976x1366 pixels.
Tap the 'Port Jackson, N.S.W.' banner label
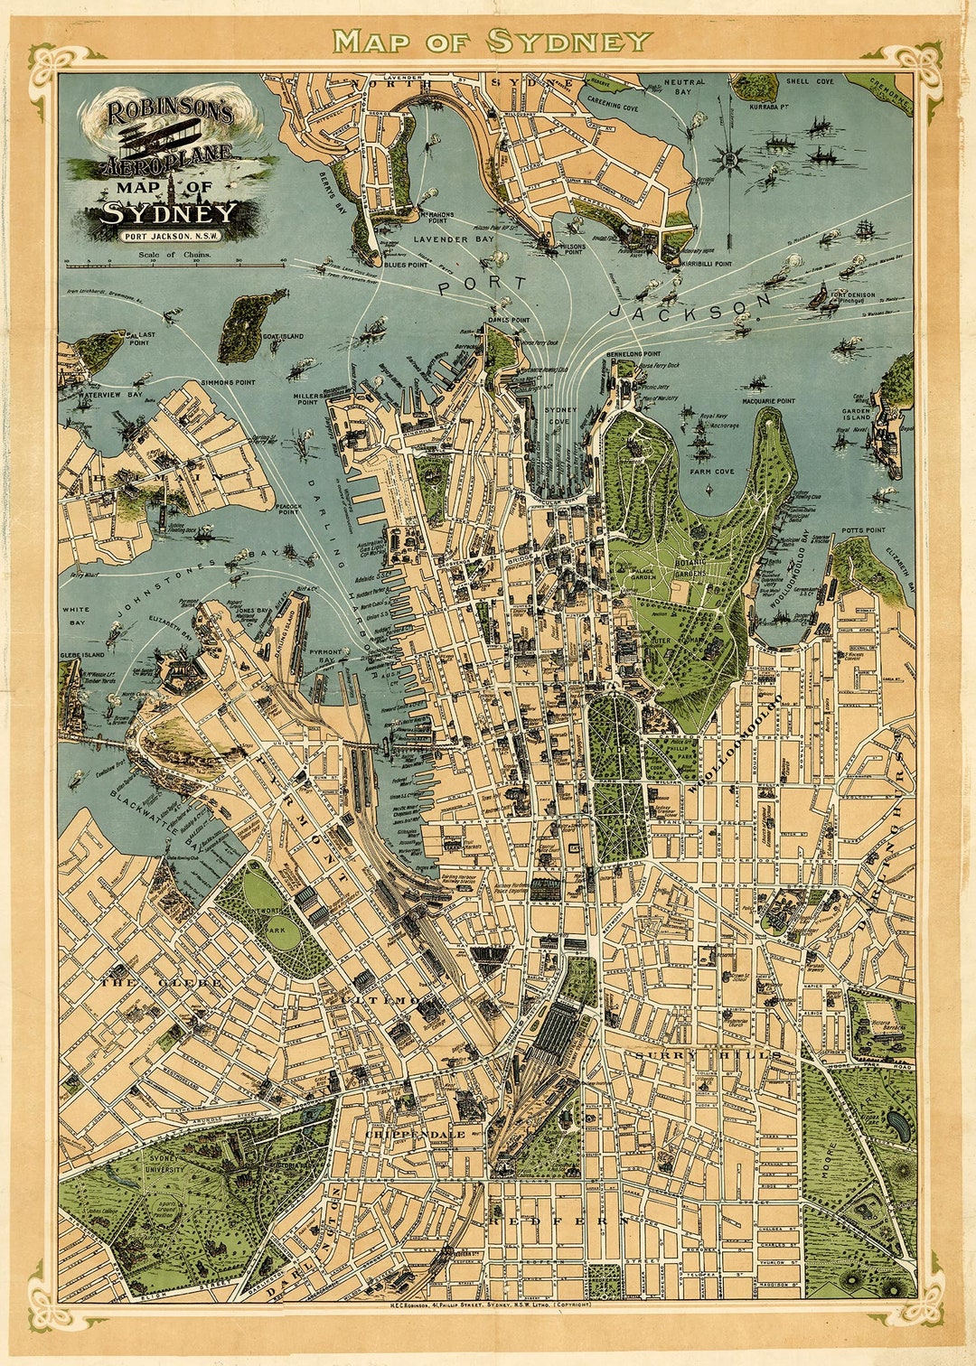coord(170,237)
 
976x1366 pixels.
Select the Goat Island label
coord(284,336)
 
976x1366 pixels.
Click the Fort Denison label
coord(853,297)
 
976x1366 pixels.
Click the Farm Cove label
coord(712,472)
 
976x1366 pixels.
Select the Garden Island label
coord(856,414)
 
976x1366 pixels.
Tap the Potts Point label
coord(863,530)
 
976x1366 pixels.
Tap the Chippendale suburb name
coord(416,1134)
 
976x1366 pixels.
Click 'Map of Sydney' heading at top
coord(492,41)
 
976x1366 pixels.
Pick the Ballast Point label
coord(140,338)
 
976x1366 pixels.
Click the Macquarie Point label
coord(769,400)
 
